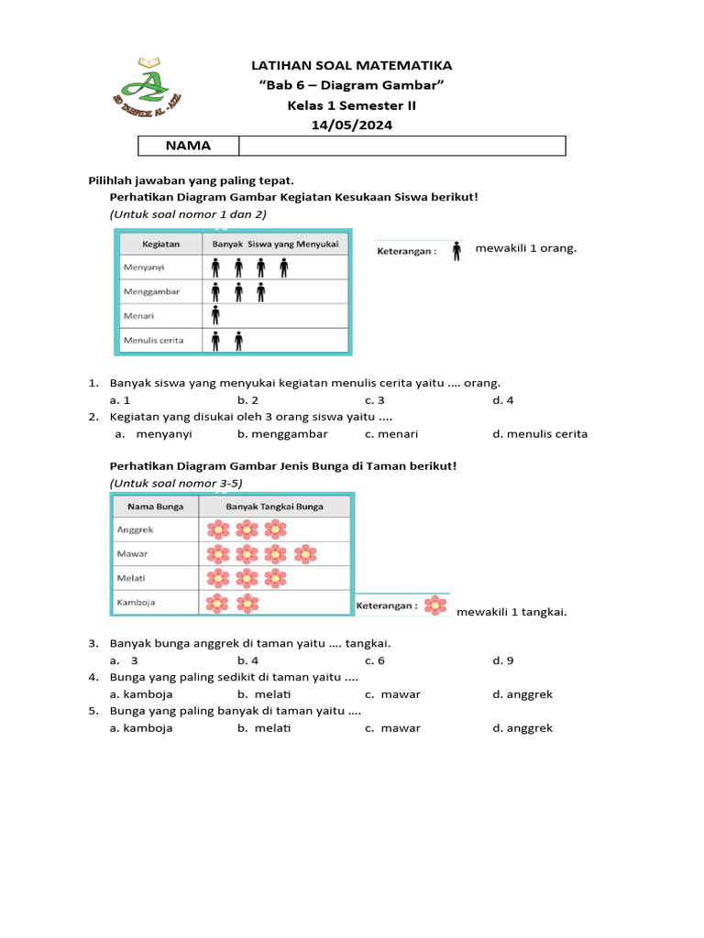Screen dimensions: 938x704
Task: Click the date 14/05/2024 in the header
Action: (352, 125)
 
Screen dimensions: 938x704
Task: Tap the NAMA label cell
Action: (188, 146)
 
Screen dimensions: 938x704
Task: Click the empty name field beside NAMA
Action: (401, 146)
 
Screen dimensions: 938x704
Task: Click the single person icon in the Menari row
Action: (215, 316)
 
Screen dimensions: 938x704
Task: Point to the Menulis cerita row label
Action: (153, 341)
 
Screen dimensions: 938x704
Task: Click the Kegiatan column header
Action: (160, 244)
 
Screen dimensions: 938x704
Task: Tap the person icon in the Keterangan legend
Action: (456, 250)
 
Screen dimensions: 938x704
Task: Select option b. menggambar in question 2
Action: (281, 434)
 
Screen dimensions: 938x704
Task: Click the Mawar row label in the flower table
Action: (133, 553)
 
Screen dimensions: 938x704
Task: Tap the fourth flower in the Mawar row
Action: (305, 553)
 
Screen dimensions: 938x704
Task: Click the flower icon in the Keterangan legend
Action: (436, 605)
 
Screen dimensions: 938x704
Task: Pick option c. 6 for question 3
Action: (374, 660)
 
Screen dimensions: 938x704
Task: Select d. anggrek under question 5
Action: (522, 728)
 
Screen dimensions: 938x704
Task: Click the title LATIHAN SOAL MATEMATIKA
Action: (352, 66)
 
